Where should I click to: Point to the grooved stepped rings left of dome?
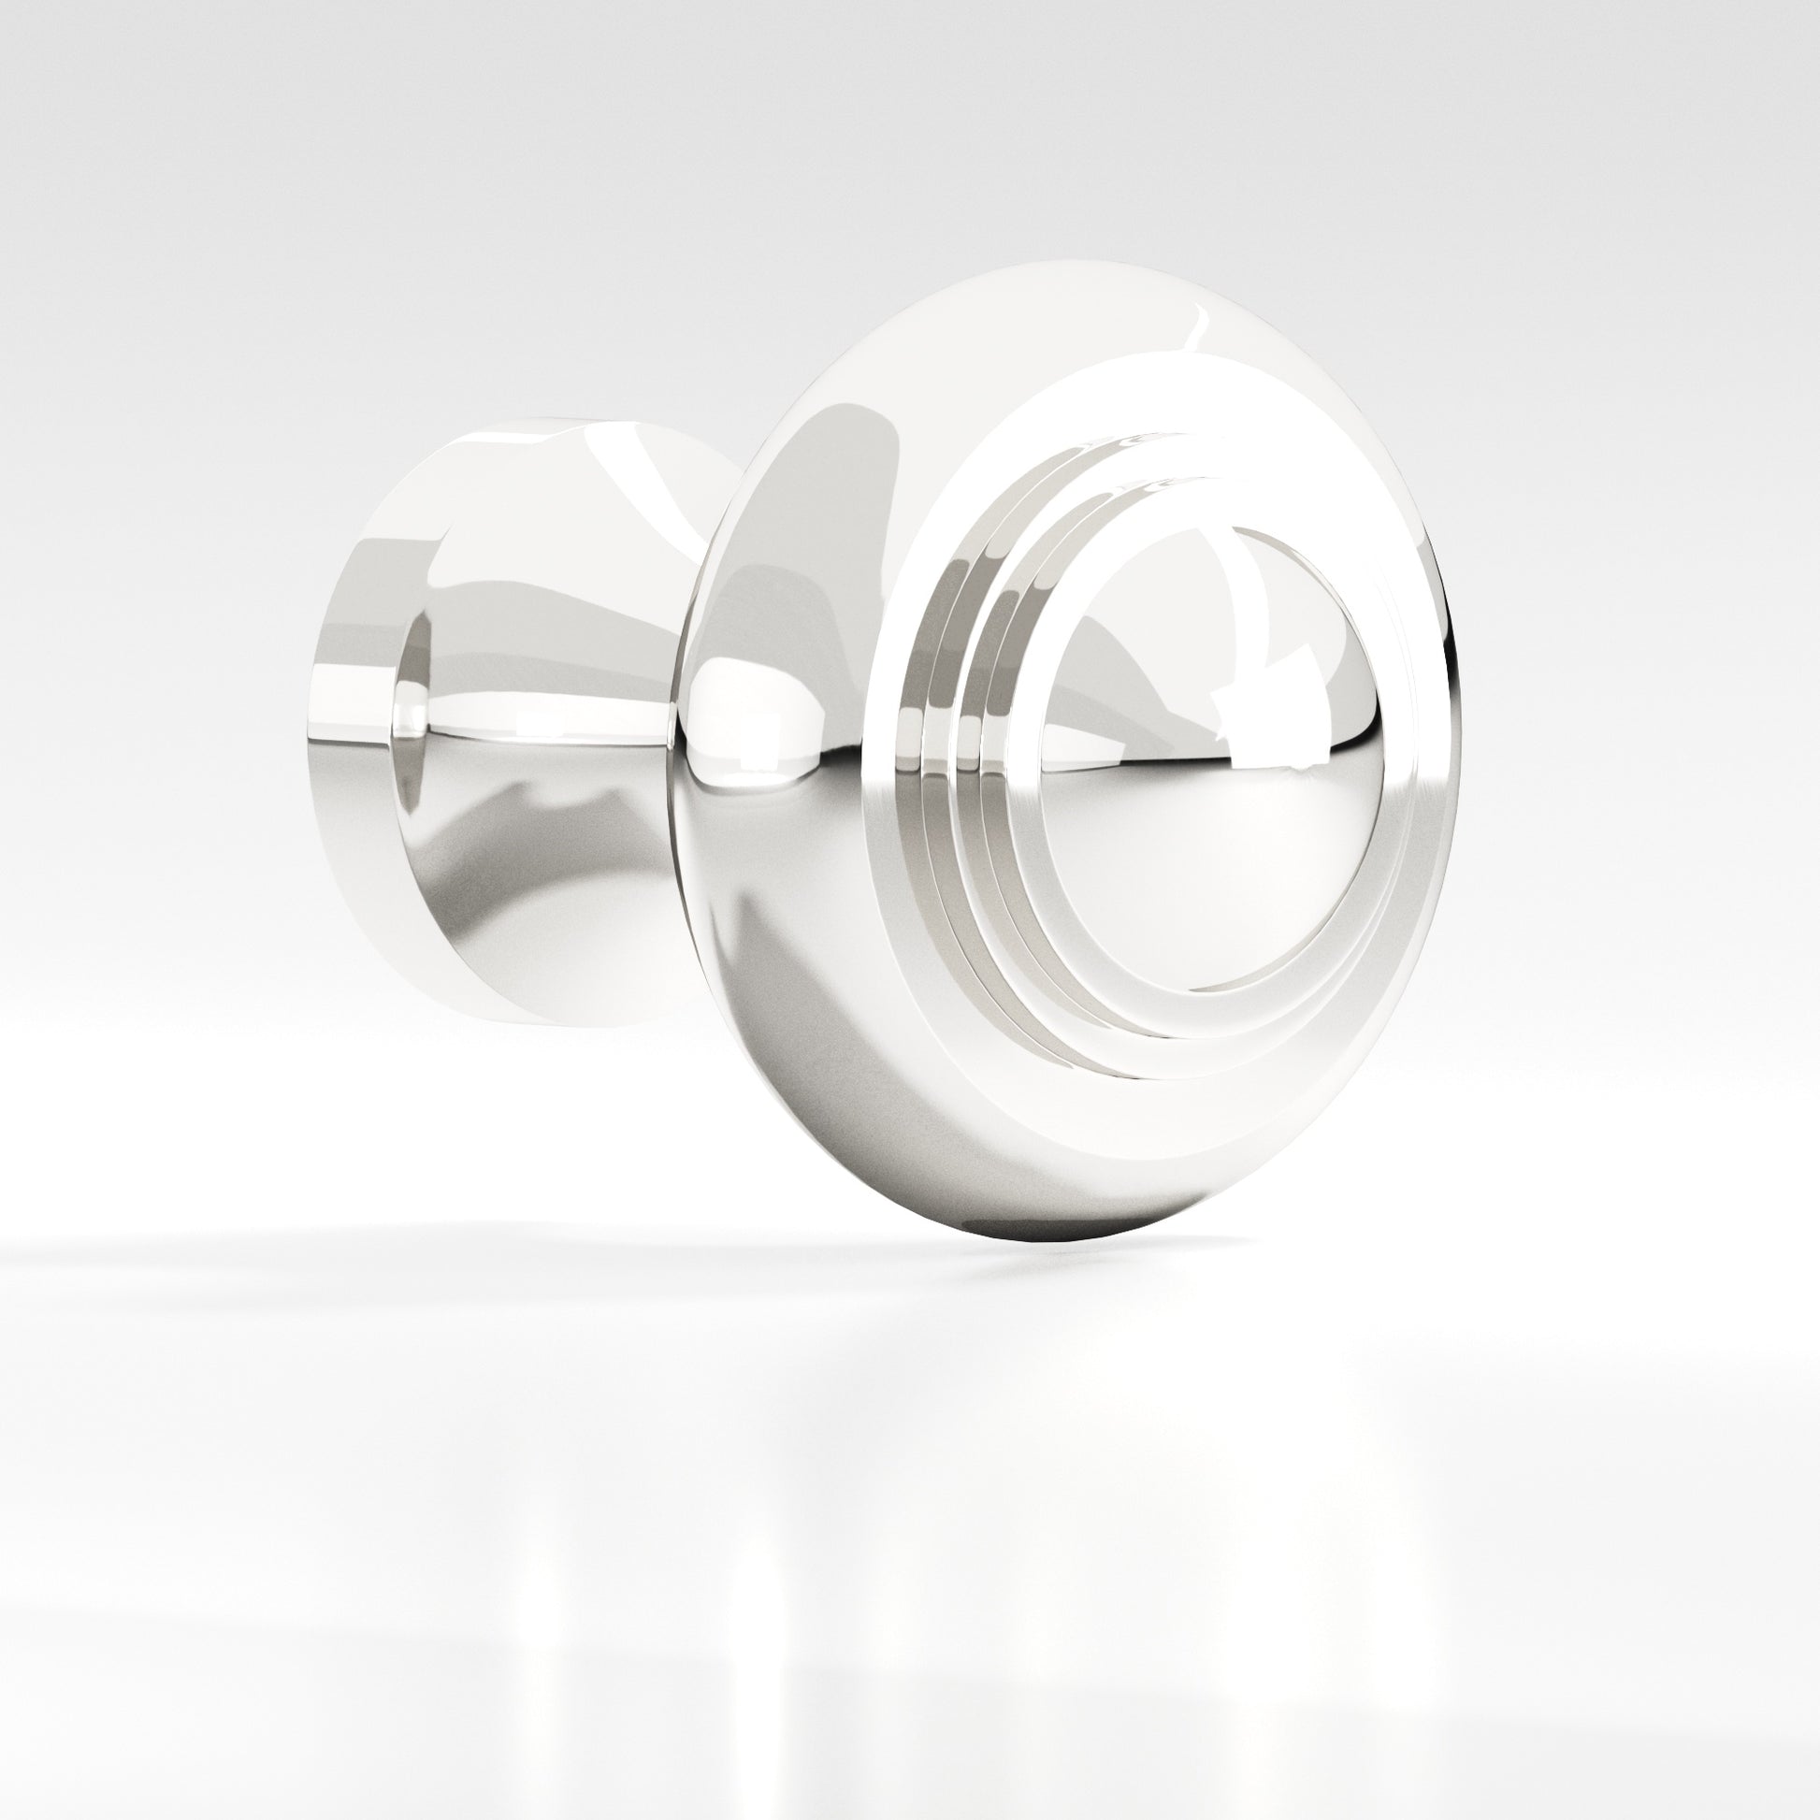pyautogui.click(x=951, y=754)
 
